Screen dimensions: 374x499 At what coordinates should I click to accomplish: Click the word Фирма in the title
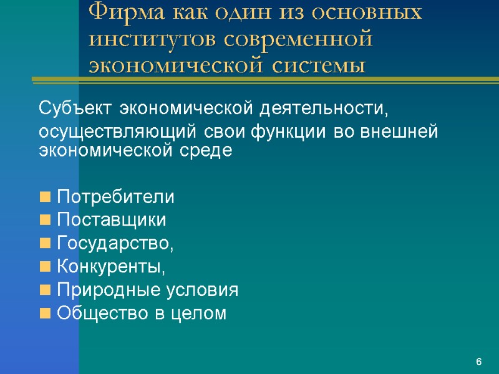(122, 12)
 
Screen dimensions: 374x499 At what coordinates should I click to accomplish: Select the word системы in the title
(318, 65)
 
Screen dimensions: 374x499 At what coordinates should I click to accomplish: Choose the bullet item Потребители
(116, 198)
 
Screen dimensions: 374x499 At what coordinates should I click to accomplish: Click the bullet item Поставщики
(112, 221)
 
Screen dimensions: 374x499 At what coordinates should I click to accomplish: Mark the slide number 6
(478, 362)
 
